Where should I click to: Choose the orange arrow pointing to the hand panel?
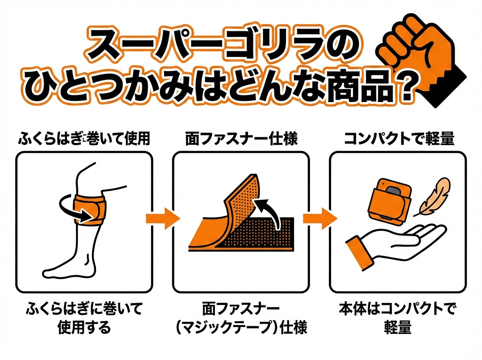319,219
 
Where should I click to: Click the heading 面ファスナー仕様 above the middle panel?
241,139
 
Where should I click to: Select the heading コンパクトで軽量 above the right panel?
399,139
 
